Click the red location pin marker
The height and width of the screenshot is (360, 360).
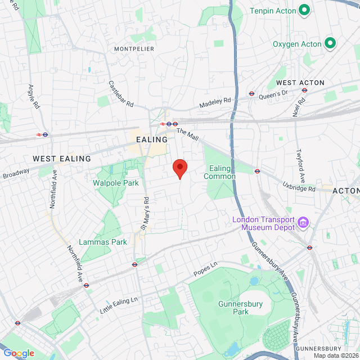click(179, 168)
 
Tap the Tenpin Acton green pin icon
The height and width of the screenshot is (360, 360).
click(304, 10)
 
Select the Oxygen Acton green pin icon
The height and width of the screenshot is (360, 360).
click(330, 43)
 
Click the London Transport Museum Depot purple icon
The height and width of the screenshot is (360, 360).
click(303, 223)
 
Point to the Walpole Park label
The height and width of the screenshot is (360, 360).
click(115, 183)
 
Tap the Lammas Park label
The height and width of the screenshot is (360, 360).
click(102, 242)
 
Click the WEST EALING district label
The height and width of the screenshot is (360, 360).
click(62, 159)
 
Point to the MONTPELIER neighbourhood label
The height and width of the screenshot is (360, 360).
click(134, 49)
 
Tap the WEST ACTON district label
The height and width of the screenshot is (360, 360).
click(300, 83)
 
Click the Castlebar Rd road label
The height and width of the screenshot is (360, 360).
click(121, 93)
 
